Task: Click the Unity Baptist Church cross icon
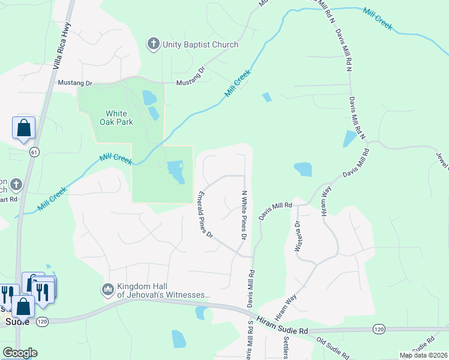click(154, 44)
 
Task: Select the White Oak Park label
click(119, 117)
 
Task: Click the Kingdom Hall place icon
click(108, 290)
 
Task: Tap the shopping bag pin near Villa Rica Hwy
click(23, 128)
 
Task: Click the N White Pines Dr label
click(244, 215)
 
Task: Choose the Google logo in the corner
click(19, 353)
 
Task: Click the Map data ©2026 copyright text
click(424, 355)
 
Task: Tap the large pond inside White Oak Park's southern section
click(176, 172)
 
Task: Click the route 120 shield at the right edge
click(378, 329)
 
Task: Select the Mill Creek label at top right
click(378, 19)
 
